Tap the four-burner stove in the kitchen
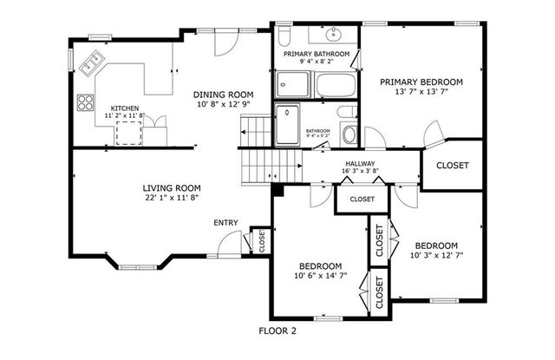point(86,102)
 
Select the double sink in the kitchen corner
point(92,62)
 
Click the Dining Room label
point(222,95)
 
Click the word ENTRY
point(225,223)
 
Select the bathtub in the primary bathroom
point(334,85)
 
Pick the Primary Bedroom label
point(421,82)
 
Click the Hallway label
point(359,163)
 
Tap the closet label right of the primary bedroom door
point(451,165)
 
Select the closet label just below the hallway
point(362,199)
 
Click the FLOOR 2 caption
point(277,331)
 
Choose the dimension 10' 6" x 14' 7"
point(320,276)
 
